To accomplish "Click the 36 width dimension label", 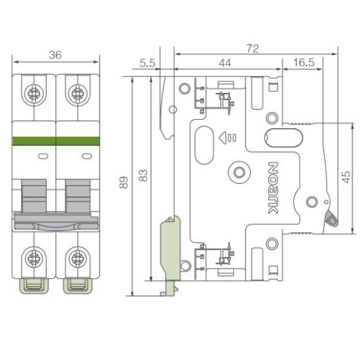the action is click(x=56, y=55).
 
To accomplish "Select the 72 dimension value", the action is click(x=253, y=48).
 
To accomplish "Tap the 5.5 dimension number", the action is click(x=147, y=63).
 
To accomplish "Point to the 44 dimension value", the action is click(x=225, y=63).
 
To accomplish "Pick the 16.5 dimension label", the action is click(x=304, y=62).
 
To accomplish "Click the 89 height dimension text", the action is click(x=124, y=183).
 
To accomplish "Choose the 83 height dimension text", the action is click(x=143, y=175).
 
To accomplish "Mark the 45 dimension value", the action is click(x=346, y=177).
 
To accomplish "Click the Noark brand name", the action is click(x=273, y=188).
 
